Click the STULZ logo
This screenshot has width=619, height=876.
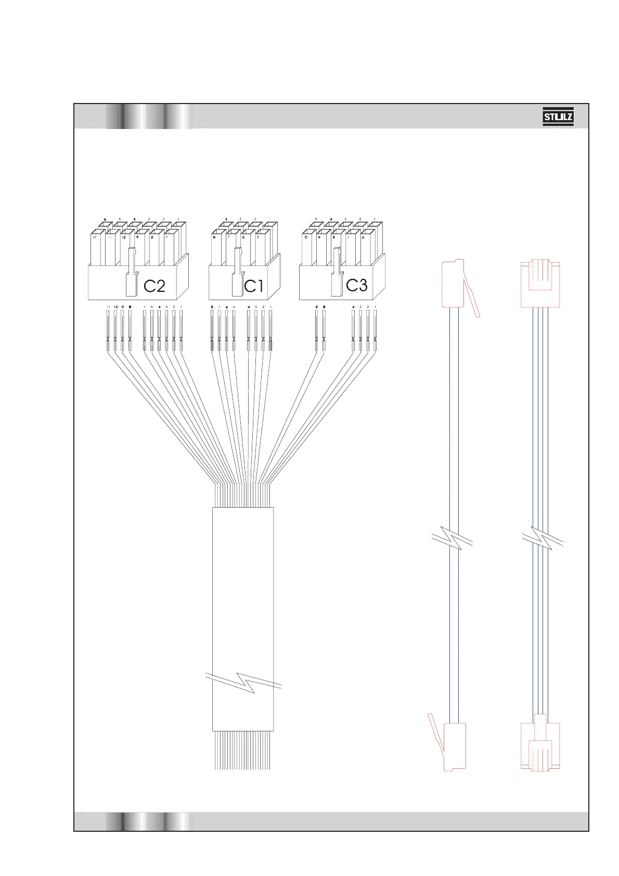[x=558, y=117]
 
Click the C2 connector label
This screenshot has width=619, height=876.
[x=154, y=286]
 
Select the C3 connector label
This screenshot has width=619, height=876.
[x=357, y=285]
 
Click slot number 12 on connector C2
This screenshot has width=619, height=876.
[x=95, y=237]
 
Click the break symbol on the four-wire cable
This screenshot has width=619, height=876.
[x=542, y=539]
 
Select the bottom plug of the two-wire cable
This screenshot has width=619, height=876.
[x=454, y=745]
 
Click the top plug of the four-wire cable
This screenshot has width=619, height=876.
[x=540, y=284]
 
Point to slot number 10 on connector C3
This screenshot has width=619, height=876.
[x=306, y=237]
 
